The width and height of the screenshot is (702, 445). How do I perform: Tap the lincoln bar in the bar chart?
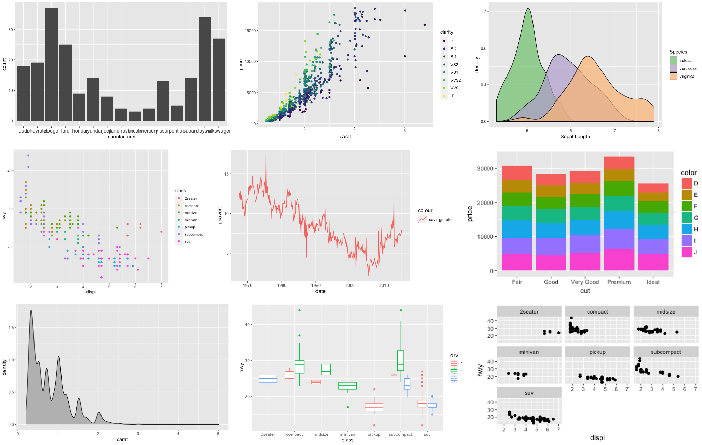tap(135, 116)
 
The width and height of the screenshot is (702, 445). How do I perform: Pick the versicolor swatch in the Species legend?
tap(673, 69)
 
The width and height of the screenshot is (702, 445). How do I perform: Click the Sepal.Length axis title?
tap(575, 137)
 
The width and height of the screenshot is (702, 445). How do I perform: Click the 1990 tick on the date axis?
tap(316, 285)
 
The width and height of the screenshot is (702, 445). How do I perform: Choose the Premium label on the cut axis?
tap(619, 282)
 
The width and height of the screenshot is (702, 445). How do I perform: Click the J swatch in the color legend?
tap(687, 252)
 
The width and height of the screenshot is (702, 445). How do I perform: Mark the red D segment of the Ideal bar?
tap(653, 188)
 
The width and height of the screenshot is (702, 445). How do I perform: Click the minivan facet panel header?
tap(529, 352)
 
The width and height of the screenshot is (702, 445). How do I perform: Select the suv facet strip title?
tap(529, 393)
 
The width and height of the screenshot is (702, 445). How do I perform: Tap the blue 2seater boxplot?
tap(268, 378)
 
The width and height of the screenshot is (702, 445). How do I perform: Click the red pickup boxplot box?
tap(374, 407)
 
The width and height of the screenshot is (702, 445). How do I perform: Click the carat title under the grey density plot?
tap(122, 440)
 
